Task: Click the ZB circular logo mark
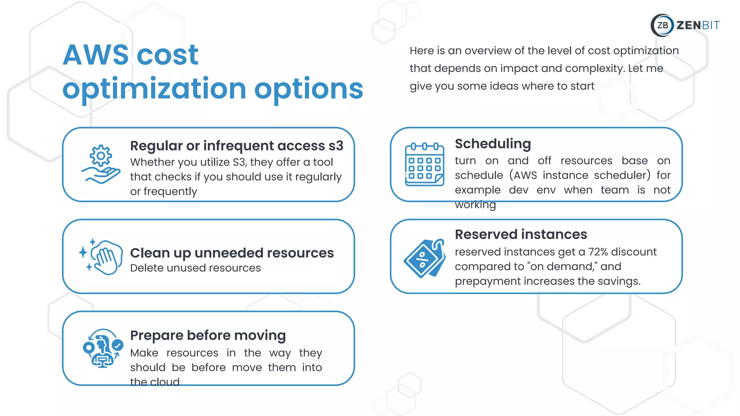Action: pyautogui.click(x=662, y=25)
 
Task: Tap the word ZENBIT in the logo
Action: pyautogui.click(x=698, y=25)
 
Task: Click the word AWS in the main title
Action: pyautogui.click(x=96, y=55)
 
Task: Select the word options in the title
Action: pyautogui.click(x=309, y=89)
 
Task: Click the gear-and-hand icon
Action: pyautogui.click(x=101, y=164)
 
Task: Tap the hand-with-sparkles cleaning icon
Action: pyautogui.click(x=101, y=257)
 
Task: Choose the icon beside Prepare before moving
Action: pyautogui.click(x=102, y=348)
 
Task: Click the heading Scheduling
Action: pyautogui.click(x=493, y=144)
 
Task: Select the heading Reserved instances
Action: pyautogui.click(x=521, y=234)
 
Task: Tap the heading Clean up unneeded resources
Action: pyautogui.click(x=232, y=253)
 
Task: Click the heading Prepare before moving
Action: pyautogui.click(x=208, y=335)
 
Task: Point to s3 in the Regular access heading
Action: pyautogui.click(x=336, y=146)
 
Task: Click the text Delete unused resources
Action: pyautogui.click(x=195, y=268)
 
